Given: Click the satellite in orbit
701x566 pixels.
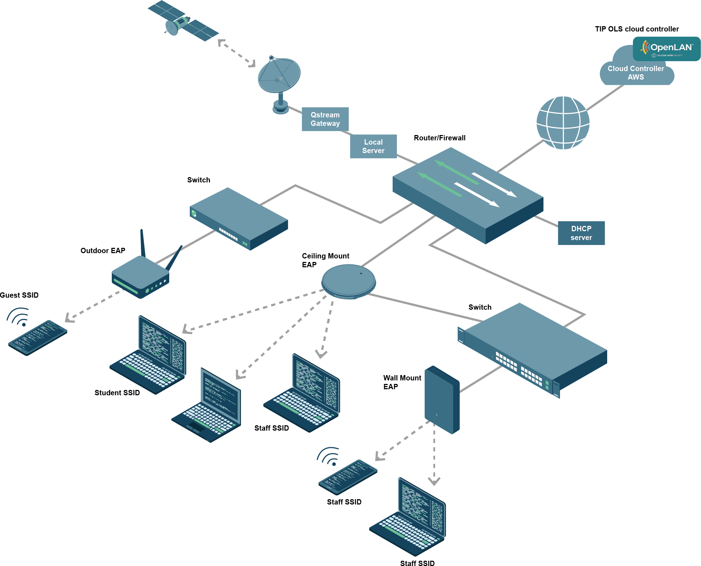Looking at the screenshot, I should pos(183,22).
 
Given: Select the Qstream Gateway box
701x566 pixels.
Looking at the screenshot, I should pos(325,119).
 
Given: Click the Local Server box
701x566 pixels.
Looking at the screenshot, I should pos(373,146).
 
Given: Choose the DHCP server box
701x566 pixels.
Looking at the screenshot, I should pos(581,233).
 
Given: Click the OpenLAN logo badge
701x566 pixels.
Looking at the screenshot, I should pos(666,49).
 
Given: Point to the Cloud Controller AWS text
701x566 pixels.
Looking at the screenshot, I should pos(636,73).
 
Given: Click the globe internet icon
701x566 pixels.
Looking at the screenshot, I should pos(563,123).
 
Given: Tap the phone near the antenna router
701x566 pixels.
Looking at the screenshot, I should pos(38,337).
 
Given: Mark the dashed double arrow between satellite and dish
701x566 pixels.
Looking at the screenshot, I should pos(236,53).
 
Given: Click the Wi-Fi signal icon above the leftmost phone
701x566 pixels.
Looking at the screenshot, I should pos(19,317).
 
